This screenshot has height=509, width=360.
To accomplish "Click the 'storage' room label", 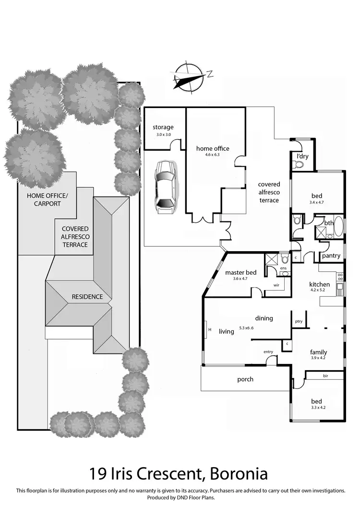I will click(x=163, y=127).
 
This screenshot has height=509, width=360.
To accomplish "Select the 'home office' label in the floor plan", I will click(x=213, y=148).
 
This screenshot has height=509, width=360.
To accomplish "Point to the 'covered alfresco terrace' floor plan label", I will click(x=269, y=192).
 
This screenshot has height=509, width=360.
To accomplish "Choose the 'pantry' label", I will click(x=331, y=256).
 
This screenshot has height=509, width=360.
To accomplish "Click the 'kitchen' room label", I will click(x=320, y=284).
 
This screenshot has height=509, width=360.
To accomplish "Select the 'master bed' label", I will click(x=241, y=273).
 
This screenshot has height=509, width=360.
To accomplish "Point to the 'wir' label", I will click(x=276, y=285).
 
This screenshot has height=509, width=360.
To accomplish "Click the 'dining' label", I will click(x=264, y=318).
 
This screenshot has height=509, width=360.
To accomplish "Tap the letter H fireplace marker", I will click(x=210, y=329).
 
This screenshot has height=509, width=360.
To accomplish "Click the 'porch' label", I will click(x=245, y=379).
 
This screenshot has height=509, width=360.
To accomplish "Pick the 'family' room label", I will click(x=319, y=352).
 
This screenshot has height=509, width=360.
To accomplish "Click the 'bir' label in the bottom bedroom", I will click(x=325, y=376).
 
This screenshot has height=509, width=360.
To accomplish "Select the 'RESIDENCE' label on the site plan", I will click(x=87, y=297).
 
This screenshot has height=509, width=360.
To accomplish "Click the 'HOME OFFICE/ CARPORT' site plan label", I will click(x=47, y=200).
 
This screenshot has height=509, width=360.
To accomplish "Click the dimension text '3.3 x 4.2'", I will click(x=317, y=408).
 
